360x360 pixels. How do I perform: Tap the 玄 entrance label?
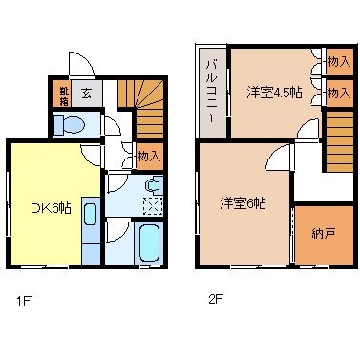pyautogui.click(x=86, y=94)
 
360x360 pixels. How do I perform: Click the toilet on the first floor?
pyautogui.click(x=69, y=124)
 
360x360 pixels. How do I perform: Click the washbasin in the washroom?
pyautogui.click(x=153, y=186)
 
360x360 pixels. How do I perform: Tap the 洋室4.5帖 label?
pyautogui.click(x=274, y=93)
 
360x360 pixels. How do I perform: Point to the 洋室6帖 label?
pyautogui.click(x=243, y=202)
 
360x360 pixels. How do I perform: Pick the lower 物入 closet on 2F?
pyautogui.click(x=337, y=93)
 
